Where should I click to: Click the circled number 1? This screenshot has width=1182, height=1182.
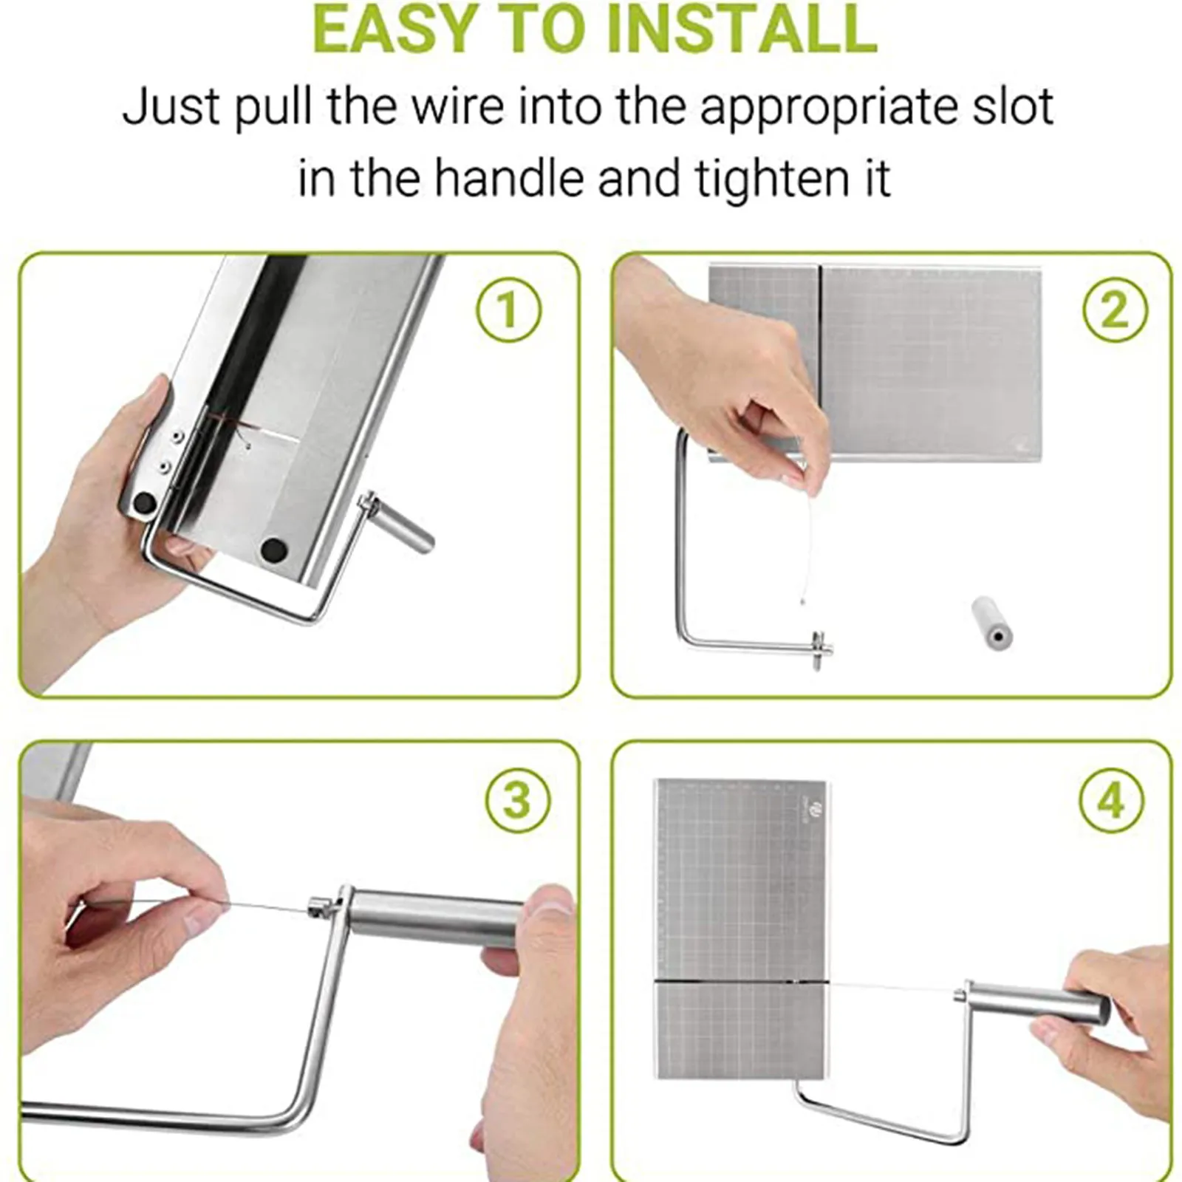click(x=508, y=310)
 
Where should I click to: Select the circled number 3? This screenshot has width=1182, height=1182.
click(x=518, y=800)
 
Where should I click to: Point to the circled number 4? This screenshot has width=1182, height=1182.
click(x=1112, y=800)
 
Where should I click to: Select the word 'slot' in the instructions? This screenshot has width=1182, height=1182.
click(x=1019, y=107)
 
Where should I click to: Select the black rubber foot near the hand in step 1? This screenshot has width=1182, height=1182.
click(x=144, y=505)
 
